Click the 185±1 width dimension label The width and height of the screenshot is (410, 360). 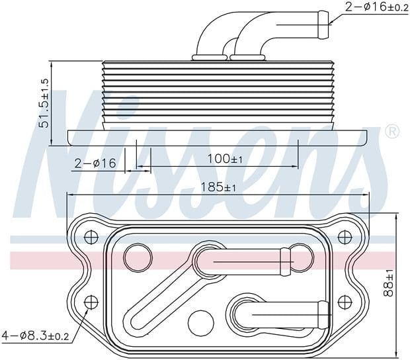(218, 187)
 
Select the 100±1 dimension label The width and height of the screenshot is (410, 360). (225, 159)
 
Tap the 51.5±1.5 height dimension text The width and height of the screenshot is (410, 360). (44, 103)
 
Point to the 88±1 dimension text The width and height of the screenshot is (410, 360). (388, 283)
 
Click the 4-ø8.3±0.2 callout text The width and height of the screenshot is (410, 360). (35, 335)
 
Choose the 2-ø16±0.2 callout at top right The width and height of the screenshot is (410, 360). (377, 7)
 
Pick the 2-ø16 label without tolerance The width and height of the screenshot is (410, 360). (95, 163)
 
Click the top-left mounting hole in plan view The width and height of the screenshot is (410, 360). (91, 238)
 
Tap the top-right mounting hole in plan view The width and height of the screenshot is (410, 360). (345, 238)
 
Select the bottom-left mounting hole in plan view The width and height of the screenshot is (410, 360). (91, 302)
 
